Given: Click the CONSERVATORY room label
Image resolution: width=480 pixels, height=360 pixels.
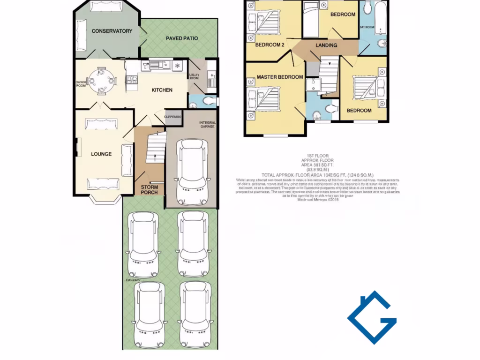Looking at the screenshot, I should click(x=112, y=31).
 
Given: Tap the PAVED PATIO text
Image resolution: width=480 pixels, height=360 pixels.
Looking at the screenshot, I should click(x=182, y=38).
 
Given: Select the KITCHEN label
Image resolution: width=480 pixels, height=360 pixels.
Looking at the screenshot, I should click(x=162, y=90).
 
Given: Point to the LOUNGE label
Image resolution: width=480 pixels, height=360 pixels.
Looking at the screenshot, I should click(x=101, y=154).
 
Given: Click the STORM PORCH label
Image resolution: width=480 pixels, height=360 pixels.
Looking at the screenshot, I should click(x=150, y=189).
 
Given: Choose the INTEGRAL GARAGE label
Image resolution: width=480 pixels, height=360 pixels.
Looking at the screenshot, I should click(x=207, y=124).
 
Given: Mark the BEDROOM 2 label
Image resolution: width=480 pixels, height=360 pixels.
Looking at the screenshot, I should click(x=270, y=45).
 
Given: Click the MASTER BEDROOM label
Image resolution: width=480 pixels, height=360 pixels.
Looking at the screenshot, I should click(x=280, y=77).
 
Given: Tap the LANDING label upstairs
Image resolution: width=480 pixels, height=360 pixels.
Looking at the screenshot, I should click(x=326, y=45).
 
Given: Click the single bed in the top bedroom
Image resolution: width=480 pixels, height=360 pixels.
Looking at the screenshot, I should click(x=310, y=19).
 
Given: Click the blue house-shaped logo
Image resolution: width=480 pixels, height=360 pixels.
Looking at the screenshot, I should click(x=372, y=317).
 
